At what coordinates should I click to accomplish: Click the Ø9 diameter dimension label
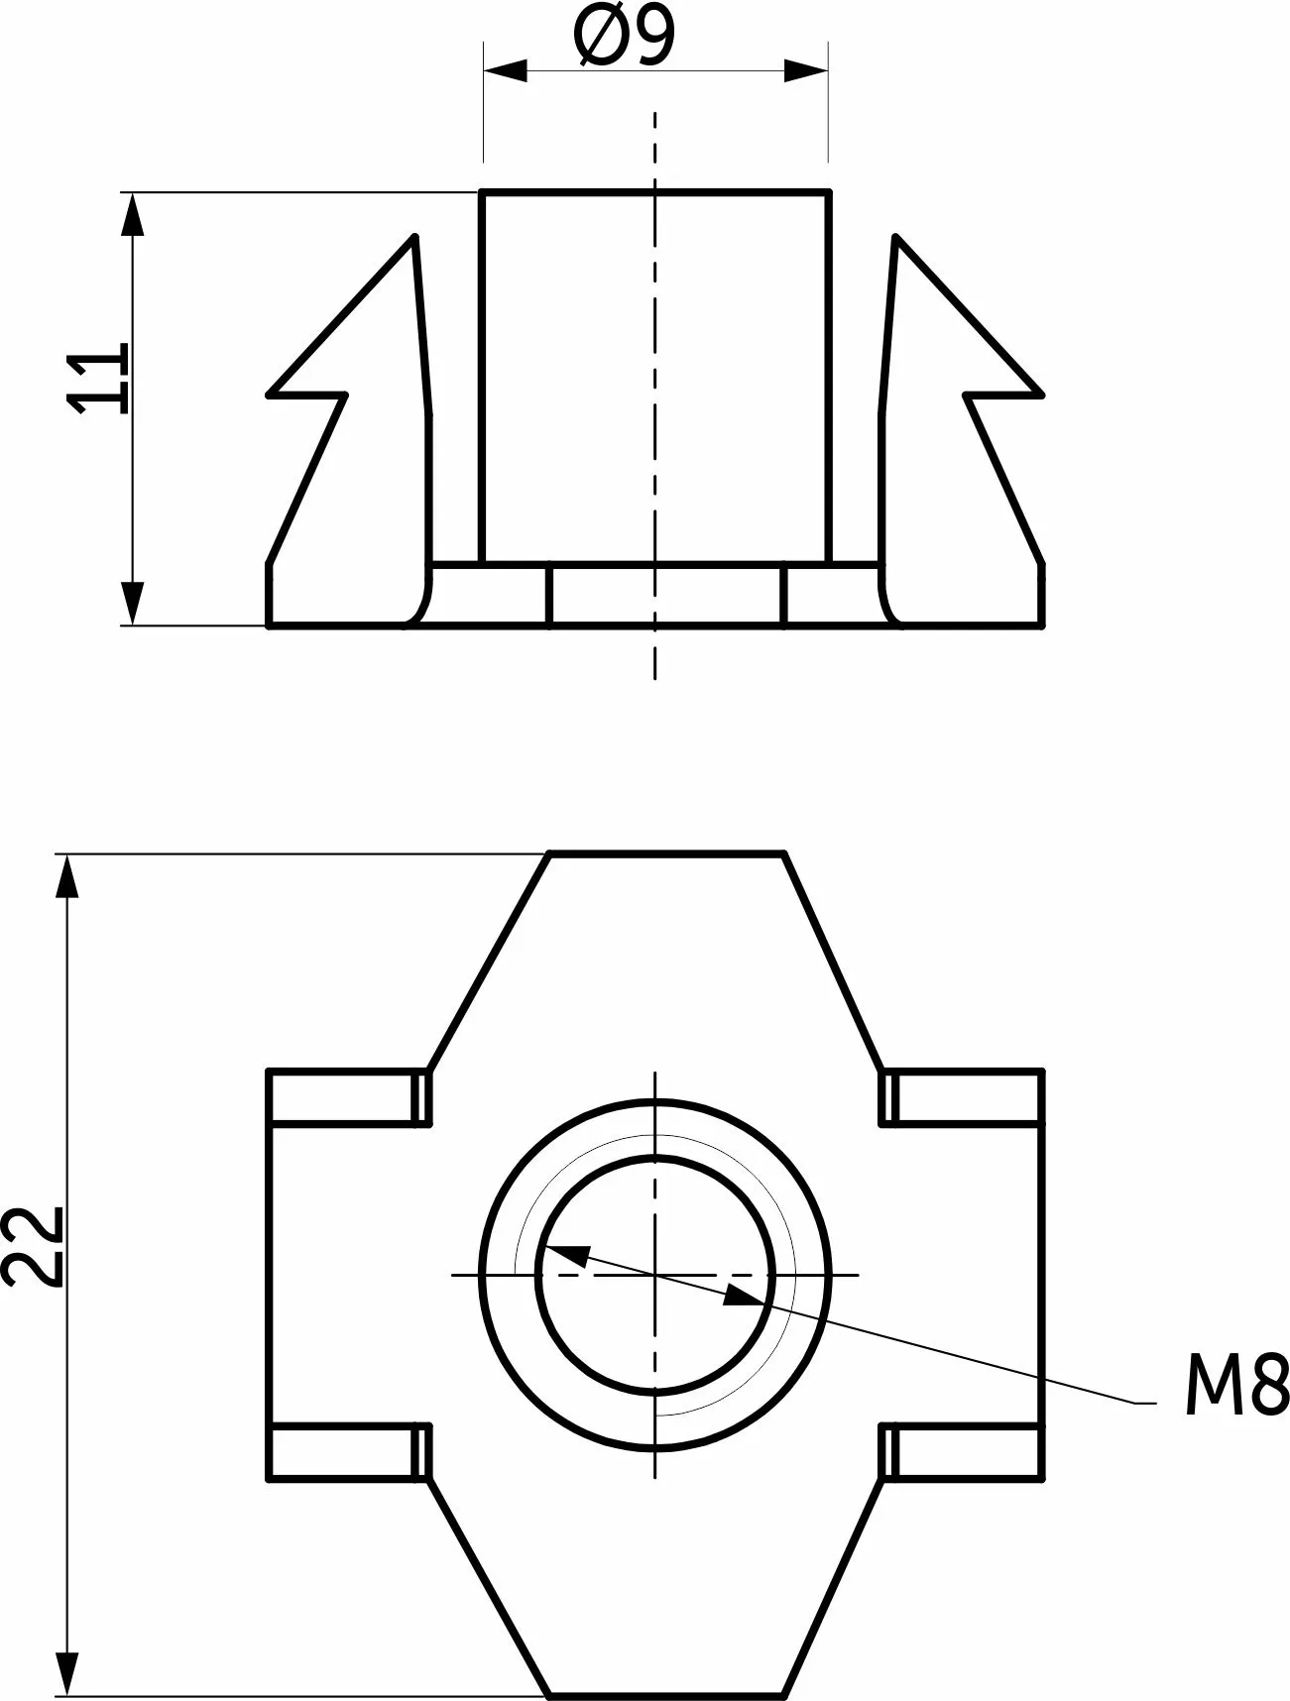pyautogui.click(x=624, y=36)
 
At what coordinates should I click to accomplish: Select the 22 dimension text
pyautogui.click(x=34, y=1246)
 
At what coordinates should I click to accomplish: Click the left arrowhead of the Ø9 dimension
pyautogui.click(x=505, y=70)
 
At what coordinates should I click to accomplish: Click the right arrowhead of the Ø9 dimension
pyautogui.click(x=805, y=70)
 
